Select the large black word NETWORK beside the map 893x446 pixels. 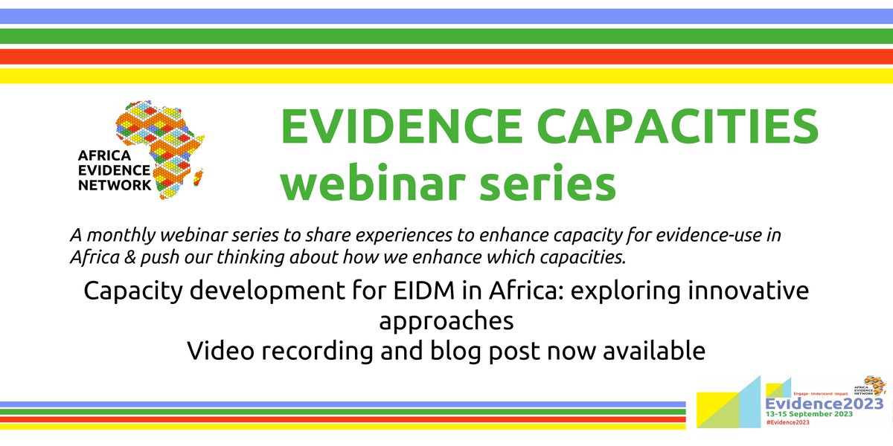pos(114,184)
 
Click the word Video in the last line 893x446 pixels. pos(216,351)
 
